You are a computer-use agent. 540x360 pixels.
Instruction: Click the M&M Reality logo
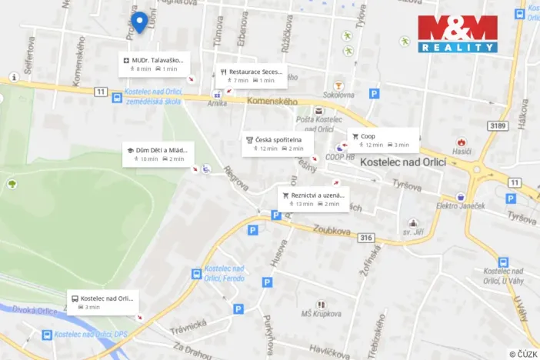[x=458, y=34]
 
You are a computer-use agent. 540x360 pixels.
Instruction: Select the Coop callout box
[x=383, y=140]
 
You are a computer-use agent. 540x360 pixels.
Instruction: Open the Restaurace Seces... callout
[x=251, y=75]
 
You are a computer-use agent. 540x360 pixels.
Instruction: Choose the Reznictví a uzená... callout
[x=312, y=199]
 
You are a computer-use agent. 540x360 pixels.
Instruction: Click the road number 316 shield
[x=366, y=237]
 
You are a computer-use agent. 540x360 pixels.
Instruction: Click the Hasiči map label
[x=461, y=153]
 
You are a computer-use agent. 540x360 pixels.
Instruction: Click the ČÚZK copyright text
[x=523, y=353]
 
